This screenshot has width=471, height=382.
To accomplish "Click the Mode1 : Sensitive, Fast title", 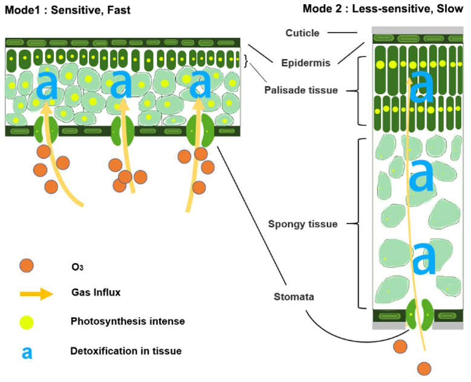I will (67, 10).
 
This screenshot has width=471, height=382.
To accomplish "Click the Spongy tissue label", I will (303, 224).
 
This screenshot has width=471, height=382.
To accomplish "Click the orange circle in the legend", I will (27, 265).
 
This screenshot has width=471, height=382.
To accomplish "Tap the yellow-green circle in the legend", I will (27, 322).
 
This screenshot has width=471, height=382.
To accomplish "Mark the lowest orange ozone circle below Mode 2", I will (424, 368).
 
